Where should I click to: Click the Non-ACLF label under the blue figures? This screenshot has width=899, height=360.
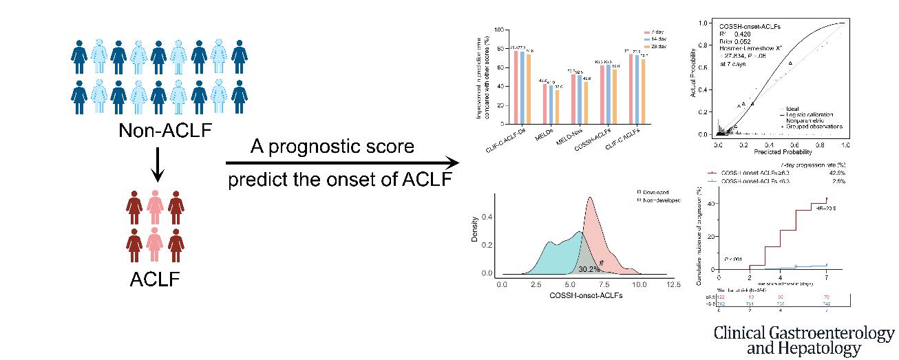158,131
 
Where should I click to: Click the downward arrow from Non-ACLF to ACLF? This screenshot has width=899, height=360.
158,165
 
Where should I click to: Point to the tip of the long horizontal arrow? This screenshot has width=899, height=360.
456,163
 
